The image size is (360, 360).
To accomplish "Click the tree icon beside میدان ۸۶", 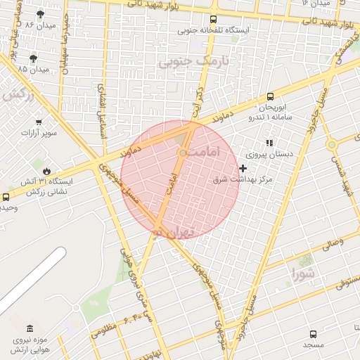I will pyautogui.click(x=39, y=13).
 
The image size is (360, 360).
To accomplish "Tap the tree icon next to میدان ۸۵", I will pyautogui.click(x=34, y=58).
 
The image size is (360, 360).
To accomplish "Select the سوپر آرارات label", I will pyautogui.click(x=39, y=132).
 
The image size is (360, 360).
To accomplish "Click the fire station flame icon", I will pyautogui.click(x=46, y=170).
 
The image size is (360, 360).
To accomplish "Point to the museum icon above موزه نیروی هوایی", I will pyautogui.click(x=29, y=328).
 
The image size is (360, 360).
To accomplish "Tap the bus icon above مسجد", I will pyautogui.click(x=313, y=334).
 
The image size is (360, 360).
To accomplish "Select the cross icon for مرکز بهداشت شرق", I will pyautogui.click(x=243, y=168).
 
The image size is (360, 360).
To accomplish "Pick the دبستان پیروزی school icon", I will pyautogui.click(x=269, y=143).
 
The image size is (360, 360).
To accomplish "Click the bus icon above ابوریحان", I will pyautogui.click(x=270, y=97).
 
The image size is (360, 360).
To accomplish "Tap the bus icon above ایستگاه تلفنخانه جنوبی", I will pyautogui.click(x=213, y=19).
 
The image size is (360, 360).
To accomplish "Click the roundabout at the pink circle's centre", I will pyautogui.click(x=183, y=153).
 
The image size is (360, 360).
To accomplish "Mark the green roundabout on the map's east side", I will pyautogui.click(x=331, y=144).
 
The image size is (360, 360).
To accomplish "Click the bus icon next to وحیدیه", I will pyautogui.click(x=6, y=197).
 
